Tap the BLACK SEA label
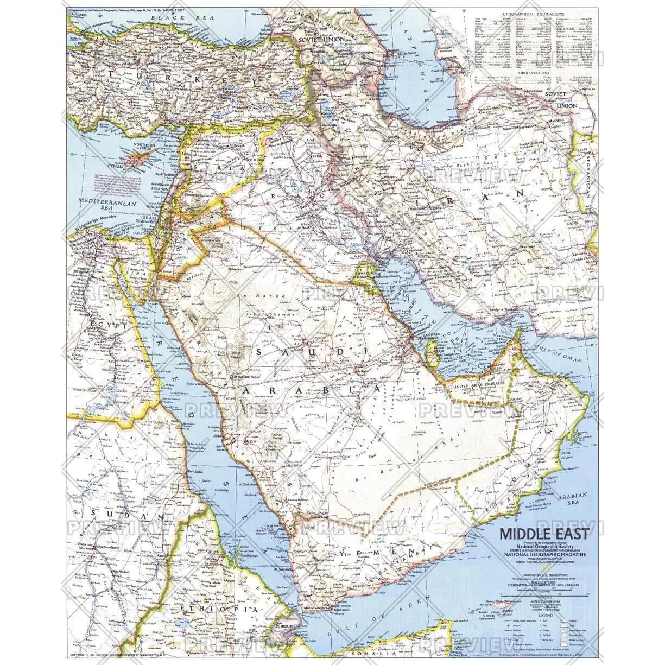tap(171, 18)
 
